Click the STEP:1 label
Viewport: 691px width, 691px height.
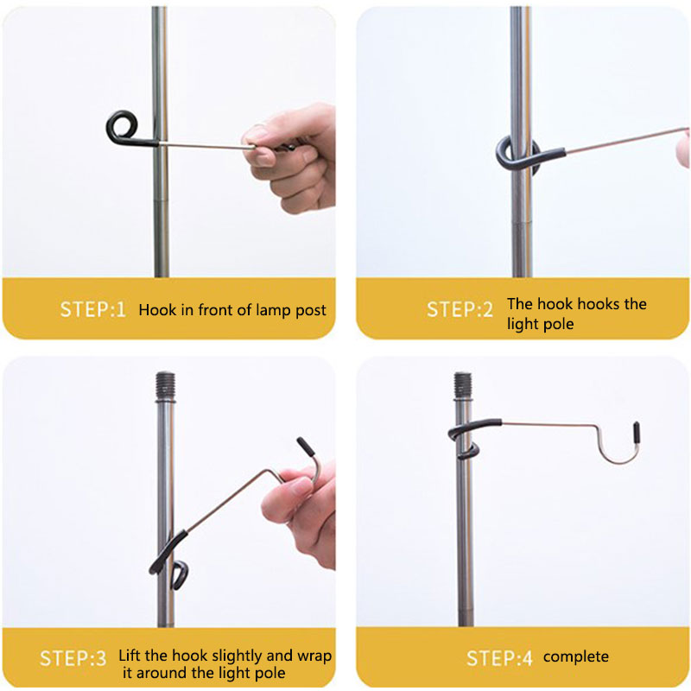pyautogui.click(x=92, y=310)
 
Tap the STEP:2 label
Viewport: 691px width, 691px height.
pyautogui.click(x=460, y=310)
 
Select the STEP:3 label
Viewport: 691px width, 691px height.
pyautogui.click(x=73, y=659)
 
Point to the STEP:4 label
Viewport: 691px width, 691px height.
pyautogui.click(x=499, y=658)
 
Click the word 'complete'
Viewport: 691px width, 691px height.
pyautogui.click(x=576, y=657)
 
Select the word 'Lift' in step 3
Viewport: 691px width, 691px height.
pyautogui.click(x=129, y=656)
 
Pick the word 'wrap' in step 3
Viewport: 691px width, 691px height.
pyautogui.click(x=314, y=656)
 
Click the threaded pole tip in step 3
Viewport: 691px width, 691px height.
pyautogui.click(x=166, y=386)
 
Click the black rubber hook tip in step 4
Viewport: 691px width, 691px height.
pyautogui.click(x=637, y=431)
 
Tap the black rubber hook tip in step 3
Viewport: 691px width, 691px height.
pyautogui.click(x=306, y=447)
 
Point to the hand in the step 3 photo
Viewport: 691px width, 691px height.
pyautogui.click(x=301, y=516)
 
